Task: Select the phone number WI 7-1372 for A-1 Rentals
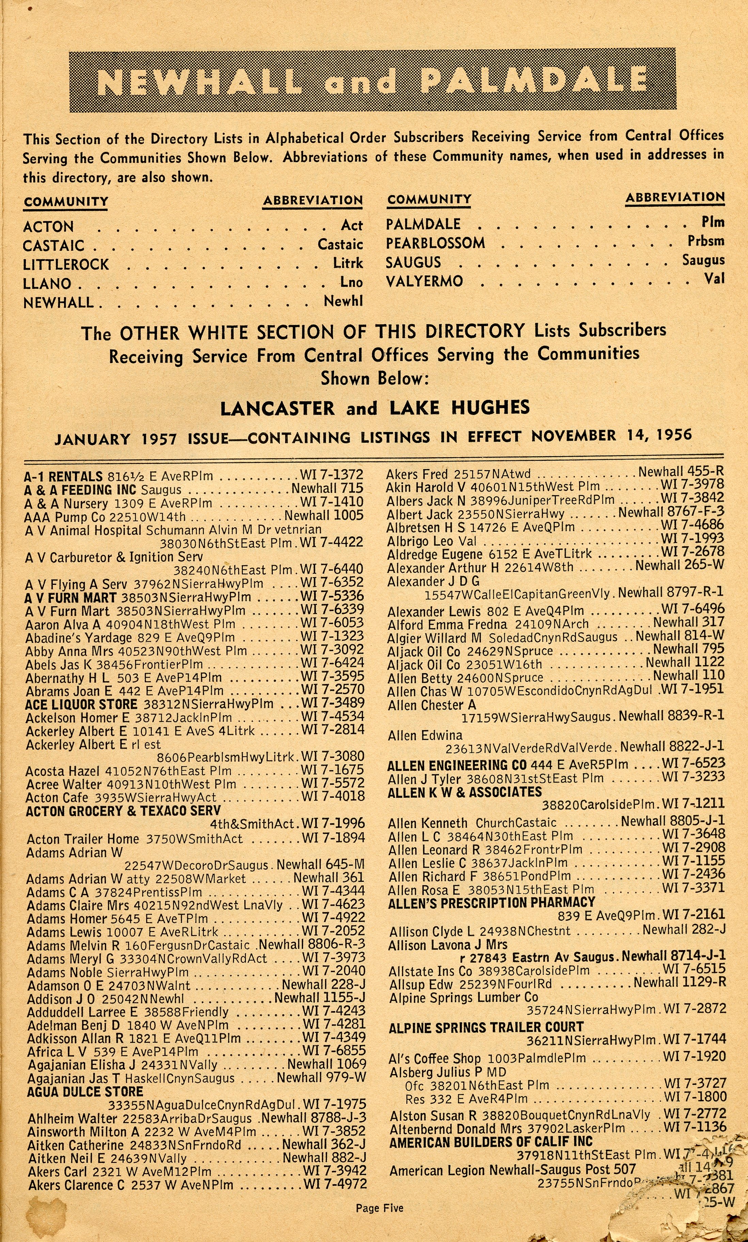[x=331, y=475]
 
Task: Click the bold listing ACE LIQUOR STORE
[x=81, y=704]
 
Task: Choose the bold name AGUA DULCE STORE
[x=85, y=1092]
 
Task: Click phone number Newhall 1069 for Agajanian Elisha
[x=327, y=1064]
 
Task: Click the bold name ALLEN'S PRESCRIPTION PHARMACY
[x=492, y=902]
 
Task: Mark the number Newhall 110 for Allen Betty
[x=688, y=676]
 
